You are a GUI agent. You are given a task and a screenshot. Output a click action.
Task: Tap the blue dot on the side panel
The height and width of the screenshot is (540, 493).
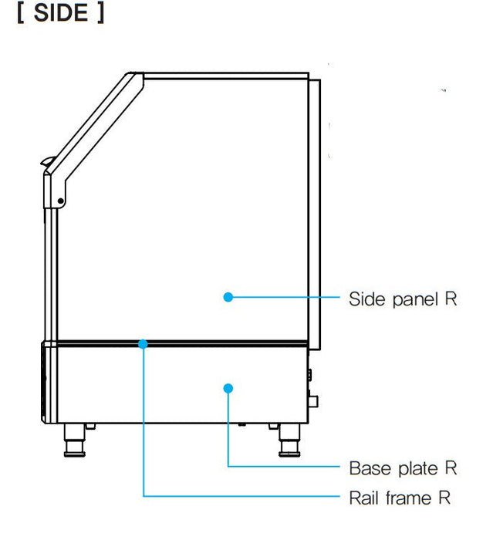228,297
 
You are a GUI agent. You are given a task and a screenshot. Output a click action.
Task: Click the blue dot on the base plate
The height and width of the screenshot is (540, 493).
228,387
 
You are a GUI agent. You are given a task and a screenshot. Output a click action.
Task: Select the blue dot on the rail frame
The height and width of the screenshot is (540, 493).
144,343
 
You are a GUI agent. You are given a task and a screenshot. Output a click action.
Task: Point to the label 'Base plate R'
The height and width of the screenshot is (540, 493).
403,467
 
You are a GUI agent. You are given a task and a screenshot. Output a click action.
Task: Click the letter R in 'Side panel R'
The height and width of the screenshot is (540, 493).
451,298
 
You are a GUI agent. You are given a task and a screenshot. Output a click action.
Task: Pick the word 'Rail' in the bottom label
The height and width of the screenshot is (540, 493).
363,498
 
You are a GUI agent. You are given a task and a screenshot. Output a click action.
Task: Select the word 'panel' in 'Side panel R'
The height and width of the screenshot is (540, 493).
414,298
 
